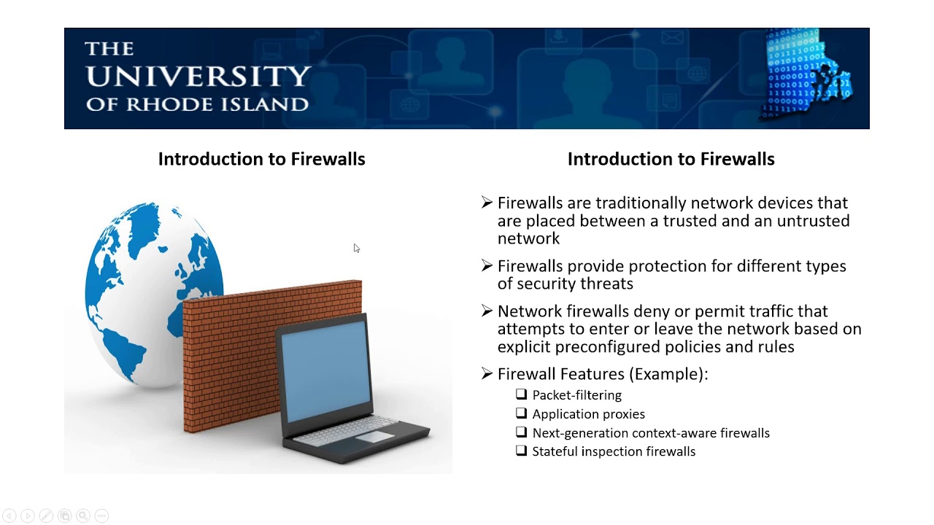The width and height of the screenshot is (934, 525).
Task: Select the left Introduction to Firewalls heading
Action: click(x=261, y=159)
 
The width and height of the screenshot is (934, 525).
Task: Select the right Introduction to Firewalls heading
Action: click(x=671, y=159)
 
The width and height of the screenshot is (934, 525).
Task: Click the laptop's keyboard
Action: click(x=350, y=430)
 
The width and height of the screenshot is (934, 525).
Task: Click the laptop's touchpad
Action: click(x=374, y=437)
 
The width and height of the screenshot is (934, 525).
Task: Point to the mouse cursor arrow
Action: click(x=356, y=248)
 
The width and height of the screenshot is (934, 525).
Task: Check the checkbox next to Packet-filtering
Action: click(x=521, y=394)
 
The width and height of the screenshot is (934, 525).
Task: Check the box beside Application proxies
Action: click(x=521, y=413)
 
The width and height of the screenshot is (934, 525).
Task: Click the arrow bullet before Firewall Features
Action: click(x=487, y=373)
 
